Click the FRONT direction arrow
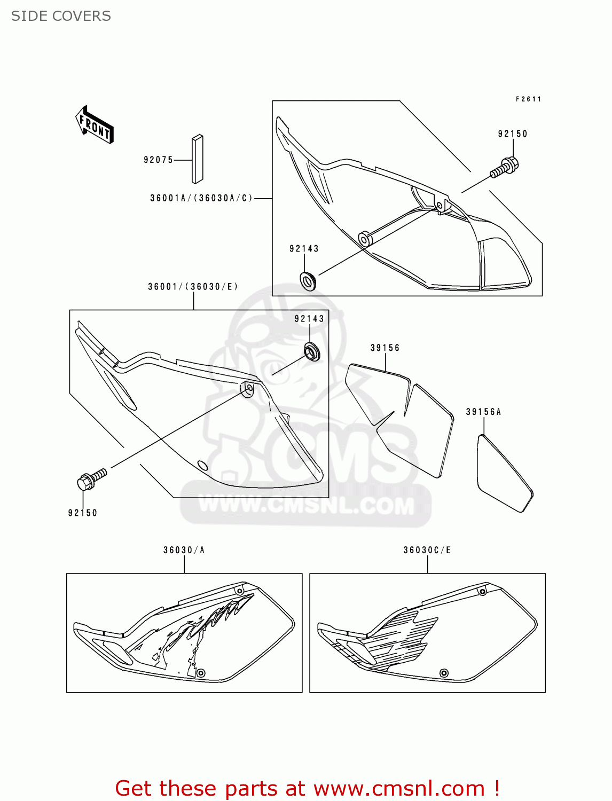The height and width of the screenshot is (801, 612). point(95,125)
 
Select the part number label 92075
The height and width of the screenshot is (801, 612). point(158,160)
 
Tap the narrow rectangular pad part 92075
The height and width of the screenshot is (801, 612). point(198,159)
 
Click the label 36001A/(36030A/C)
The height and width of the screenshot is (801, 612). point(201,198)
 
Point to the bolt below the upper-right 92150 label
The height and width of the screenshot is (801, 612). point(504,167)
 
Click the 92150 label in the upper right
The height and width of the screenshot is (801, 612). point(513,134)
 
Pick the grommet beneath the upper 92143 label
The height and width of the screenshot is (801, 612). point(308,280)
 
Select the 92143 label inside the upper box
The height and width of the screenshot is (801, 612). point(304,249)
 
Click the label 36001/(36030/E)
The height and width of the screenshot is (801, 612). point(193,287)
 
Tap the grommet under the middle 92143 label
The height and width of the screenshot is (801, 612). point(312,352)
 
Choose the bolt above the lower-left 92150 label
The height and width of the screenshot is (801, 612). point(92,478)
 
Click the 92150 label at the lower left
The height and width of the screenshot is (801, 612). point(83,513)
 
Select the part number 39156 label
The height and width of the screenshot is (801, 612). point(385,348)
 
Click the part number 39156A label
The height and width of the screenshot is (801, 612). point(483,412)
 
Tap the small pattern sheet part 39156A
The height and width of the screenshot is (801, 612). point(504,473)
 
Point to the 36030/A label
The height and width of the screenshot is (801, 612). point(184,550)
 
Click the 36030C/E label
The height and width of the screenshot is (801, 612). point(427,550)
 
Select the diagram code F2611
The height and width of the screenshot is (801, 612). point(529,99)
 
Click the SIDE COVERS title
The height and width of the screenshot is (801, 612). point(61,16)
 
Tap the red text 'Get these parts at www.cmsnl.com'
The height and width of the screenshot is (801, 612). point(308,788)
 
